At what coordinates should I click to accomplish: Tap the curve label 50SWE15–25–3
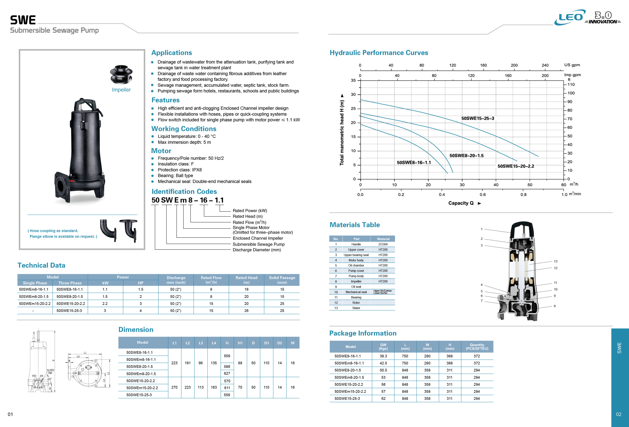478,118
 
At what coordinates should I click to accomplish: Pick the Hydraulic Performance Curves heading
379,53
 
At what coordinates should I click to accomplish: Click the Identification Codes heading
184,191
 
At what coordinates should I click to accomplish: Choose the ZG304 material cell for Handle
383,244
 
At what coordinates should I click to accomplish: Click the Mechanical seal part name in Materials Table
356,292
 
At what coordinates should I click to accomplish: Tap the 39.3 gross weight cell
383,356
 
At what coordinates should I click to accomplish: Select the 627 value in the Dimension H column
227,373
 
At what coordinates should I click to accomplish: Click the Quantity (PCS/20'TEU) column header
477,347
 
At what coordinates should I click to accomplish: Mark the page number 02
619,414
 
